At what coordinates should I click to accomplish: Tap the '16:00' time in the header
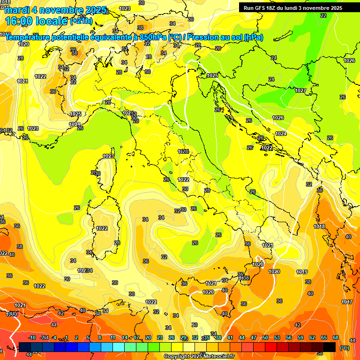click(20, 21)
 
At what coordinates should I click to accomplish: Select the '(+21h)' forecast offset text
click(81, 21)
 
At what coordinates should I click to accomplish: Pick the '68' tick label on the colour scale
click(336, 337)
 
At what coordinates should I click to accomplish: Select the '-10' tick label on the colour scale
click(32, 337)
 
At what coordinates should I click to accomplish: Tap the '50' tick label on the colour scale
click(265, 337)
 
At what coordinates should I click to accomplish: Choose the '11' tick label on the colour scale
click(112, 337)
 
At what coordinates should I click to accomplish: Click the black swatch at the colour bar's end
click(330, 347)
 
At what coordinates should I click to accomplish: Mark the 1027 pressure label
click(300, 90)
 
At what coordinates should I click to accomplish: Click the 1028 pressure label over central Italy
click(183, 151)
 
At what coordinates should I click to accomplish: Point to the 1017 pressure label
click(347, 302)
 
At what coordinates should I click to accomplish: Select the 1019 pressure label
click(302, 272)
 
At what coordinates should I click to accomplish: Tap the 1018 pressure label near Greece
click(319, 226)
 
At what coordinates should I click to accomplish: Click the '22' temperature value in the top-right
click(323, 15)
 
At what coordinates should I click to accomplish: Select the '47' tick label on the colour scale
click(254, 337)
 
